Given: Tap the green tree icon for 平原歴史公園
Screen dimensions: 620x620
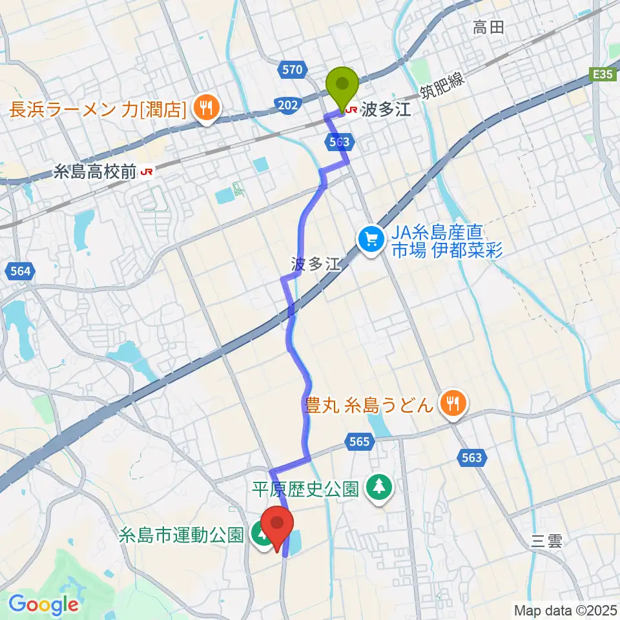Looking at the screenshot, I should (378, 488).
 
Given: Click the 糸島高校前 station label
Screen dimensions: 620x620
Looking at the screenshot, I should (95, 171).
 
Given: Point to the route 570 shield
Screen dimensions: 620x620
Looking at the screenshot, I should (293, 68).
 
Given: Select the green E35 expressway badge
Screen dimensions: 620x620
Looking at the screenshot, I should (605, 75).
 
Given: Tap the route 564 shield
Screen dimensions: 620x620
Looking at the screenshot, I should (21, 273).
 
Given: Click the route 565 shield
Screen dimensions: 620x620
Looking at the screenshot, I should (361, 442).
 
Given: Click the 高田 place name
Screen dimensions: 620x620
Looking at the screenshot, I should (488, 27).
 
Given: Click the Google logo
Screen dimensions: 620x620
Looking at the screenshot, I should (43, 605).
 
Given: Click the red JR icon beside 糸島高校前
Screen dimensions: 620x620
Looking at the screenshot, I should (147, 171).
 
